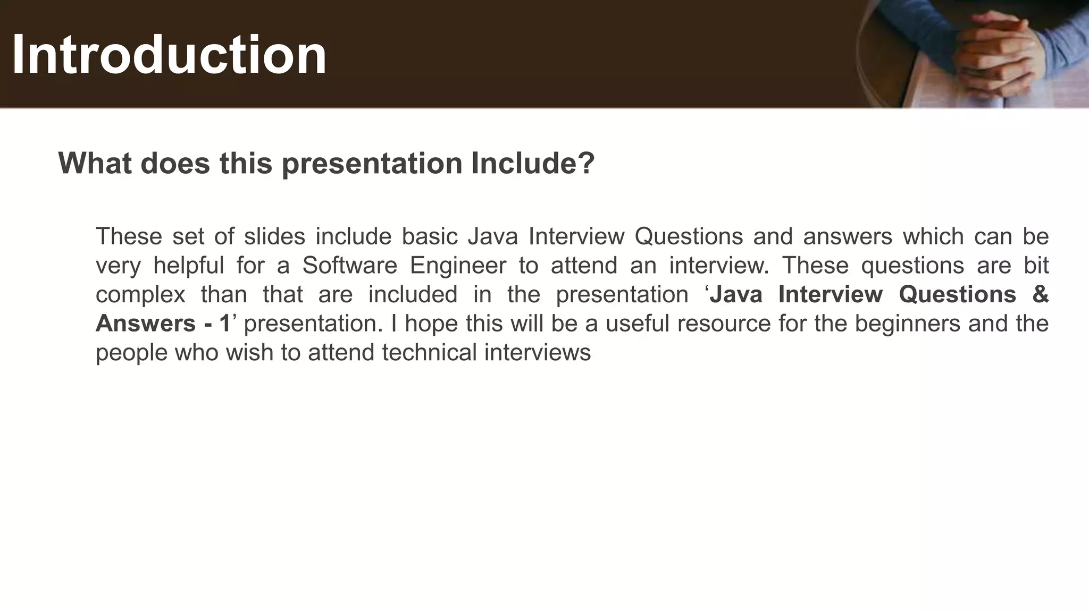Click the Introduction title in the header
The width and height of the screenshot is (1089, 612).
point(169,55)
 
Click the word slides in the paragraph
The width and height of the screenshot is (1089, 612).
point(274,236)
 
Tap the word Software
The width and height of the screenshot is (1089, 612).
point(350,266)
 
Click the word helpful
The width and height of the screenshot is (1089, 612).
point(189,266)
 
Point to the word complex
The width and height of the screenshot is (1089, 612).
point(140,295)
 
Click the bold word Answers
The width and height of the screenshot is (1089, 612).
point(145,324)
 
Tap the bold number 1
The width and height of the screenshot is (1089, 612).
point(225,324)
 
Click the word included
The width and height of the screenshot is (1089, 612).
point(413,295)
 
